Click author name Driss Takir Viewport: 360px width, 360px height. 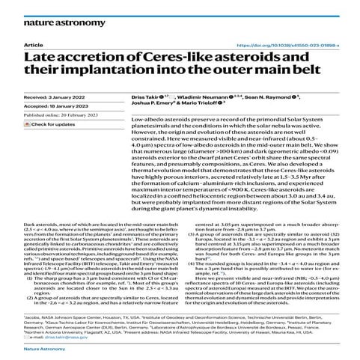coord(147,97)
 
